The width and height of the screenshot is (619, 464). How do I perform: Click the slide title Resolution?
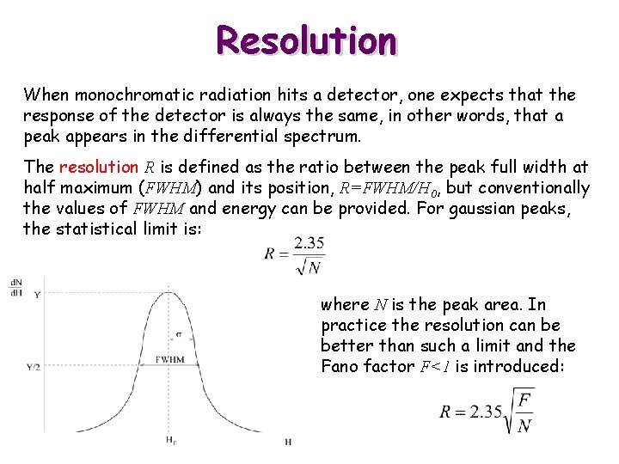click(306, 40)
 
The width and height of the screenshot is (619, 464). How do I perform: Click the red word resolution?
click(99, 167)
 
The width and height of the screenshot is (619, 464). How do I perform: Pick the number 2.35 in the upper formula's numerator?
click(309, 243)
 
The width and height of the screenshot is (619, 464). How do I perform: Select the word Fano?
click(341, 366)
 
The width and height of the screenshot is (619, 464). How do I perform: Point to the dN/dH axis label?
click(16, 287)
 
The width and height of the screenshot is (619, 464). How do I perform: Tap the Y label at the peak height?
click(36, 295)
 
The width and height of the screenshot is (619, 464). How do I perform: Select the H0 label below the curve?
click(170, 441)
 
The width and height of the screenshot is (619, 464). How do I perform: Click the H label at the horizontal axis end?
click(287, 441)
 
